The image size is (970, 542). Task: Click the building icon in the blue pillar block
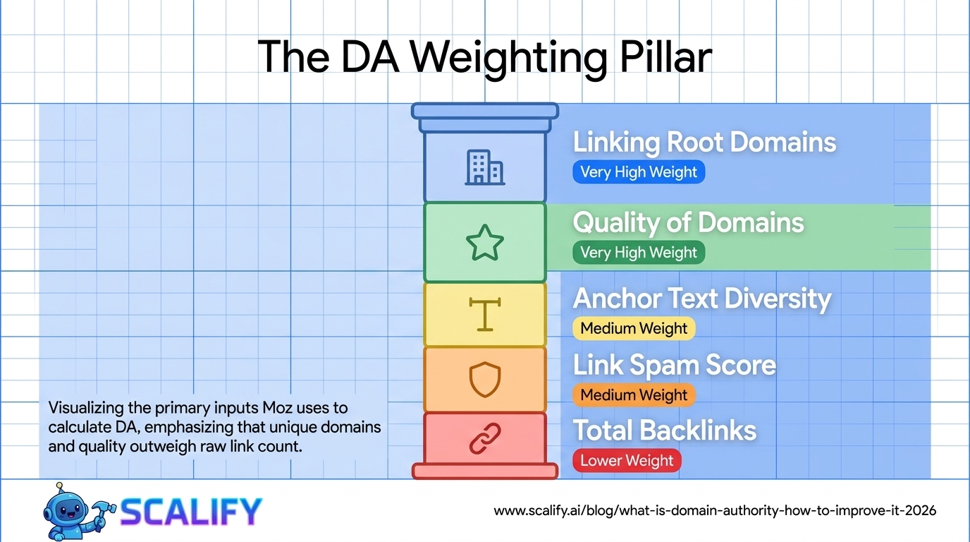point(484,168)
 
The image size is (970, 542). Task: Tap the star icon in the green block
point(485,243)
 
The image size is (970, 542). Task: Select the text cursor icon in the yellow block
point(484,314)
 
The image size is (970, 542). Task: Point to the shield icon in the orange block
point(485,379)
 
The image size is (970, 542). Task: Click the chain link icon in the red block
point(485,438)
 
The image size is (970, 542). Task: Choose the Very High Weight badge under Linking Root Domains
point(639,172)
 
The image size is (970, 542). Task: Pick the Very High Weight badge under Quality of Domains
point(639,253)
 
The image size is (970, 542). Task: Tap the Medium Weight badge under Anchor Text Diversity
point(634,328)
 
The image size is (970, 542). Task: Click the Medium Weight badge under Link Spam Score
point(634,395)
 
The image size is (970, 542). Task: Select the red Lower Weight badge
point(627,461)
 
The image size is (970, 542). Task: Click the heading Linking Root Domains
point(704,142)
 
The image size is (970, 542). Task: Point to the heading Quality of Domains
point(688,223)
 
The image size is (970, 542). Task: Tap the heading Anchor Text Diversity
point(702,299)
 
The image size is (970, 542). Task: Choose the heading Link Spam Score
point(674,365)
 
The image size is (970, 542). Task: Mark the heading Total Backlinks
point(664,430)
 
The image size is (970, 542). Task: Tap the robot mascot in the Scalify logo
point(69,510)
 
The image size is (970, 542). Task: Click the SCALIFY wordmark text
point(190,512)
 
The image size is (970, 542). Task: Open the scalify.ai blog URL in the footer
point(715,510)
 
